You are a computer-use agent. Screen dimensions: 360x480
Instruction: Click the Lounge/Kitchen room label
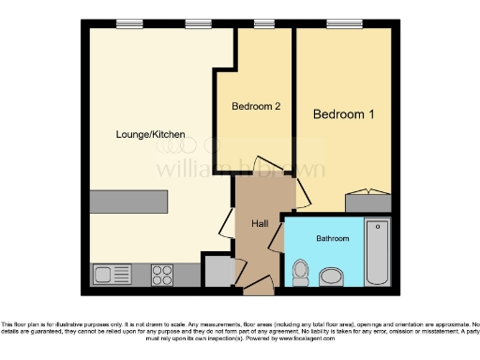point(150,134)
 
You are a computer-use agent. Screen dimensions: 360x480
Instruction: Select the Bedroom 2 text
point(256,107)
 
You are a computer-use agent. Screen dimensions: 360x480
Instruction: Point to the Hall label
point(260,223)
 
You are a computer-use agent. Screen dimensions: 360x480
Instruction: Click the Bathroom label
point(332,239)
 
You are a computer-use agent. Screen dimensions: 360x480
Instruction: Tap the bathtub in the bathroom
point(377,252)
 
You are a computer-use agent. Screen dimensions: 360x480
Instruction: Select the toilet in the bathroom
point(301,272)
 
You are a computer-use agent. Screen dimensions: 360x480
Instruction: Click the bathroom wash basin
point(332,277)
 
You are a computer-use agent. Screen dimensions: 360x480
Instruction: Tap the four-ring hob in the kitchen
point(161,275)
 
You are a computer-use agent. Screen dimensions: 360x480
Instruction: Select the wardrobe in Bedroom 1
point(367,202)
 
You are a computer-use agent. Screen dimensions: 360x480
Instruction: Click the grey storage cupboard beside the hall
point(218,271)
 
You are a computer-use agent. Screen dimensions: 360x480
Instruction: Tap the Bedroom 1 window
point(339,24)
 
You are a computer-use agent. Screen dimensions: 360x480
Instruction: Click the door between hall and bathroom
point(277,237)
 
